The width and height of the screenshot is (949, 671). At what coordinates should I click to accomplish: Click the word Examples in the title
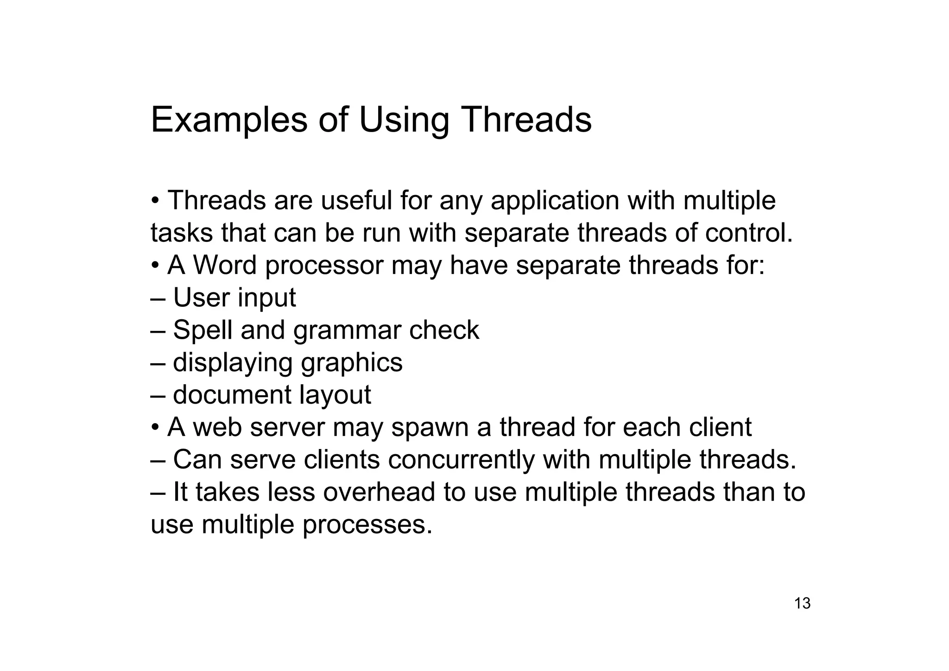(229, 120)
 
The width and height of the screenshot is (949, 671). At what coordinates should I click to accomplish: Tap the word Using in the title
(404, 120)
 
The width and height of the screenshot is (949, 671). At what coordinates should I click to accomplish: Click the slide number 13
(802, 603)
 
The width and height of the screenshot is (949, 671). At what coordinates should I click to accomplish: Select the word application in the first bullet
(555, 201)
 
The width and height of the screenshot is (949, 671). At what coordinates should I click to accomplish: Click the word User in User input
(196, 298)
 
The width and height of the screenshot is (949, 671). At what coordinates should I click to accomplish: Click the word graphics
(352, 363)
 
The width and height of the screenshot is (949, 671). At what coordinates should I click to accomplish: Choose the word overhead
(379, 492)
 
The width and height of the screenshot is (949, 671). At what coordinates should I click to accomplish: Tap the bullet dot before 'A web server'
(156, 427)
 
